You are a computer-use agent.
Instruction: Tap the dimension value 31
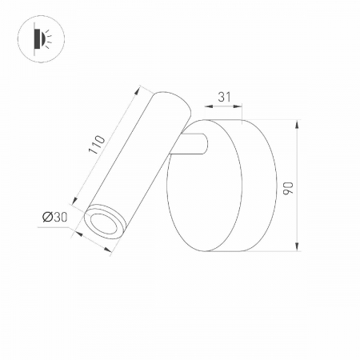[224, 97]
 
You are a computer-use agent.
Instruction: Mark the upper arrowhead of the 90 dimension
[298, 124]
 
